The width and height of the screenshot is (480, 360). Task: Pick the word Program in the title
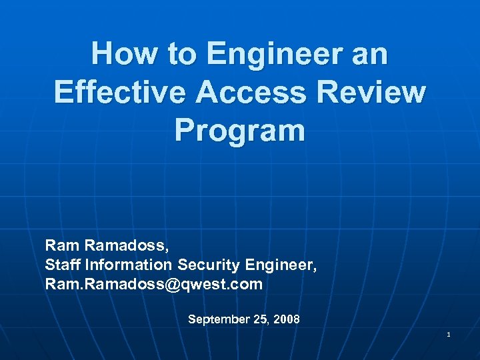click(240, 131)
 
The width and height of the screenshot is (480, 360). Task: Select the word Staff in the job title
click(60, 265)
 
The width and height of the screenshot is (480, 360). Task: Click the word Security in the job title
click(209, 265)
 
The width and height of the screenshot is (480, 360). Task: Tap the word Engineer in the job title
click(281, 265)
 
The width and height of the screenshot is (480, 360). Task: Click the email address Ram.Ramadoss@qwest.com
click(154, 285)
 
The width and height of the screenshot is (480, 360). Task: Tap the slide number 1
click(449, 333)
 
